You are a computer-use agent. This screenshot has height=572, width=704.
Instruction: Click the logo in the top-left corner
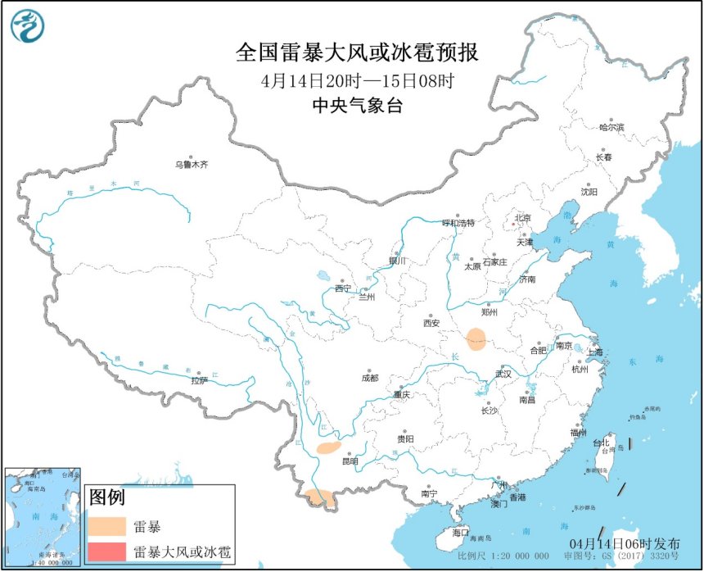point(27,27)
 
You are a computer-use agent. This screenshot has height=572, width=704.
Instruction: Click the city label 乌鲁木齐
point(192,165)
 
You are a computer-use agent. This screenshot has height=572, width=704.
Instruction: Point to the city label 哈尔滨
point(611,128)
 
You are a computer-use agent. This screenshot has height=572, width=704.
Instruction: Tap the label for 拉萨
point(199,380)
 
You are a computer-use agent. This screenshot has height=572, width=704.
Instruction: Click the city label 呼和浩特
point(458,222)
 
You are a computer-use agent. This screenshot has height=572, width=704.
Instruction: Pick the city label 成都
point(369,378)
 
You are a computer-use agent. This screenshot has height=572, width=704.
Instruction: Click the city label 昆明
point(350,461)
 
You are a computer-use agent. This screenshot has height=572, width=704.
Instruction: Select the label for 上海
point(593,352)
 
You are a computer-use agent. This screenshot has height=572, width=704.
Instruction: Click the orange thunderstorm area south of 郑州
point(475,338)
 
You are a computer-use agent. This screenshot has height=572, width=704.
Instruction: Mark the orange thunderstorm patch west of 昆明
point(328,447)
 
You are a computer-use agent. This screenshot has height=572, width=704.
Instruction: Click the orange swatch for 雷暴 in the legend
point(109,525)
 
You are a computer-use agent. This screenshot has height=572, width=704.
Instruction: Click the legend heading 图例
point(106,497)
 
